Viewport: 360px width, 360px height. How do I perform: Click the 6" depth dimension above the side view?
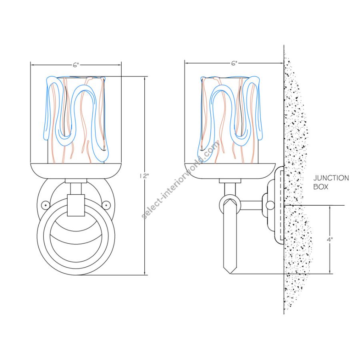point(234,63)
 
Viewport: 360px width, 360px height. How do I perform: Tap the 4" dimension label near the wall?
point(330,240)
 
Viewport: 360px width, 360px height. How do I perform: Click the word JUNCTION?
point(331,178)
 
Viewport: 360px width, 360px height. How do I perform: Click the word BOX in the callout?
point(321,187)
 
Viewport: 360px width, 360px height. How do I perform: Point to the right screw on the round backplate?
point(106,205)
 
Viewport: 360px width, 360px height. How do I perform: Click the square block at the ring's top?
point(76,205)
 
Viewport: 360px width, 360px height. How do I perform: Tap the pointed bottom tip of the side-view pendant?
point(230,273)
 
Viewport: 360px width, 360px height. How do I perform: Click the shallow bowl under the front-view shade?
point(76,171)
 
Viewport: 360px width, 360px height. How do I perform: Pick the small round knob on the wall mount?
point(270,206)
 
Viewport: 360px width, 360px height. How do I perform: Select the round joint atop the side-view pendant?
point(230,204)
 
